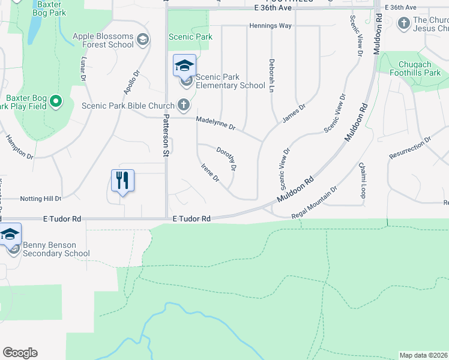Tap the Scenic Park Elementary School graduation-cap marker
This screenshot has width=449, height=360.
point(184,65)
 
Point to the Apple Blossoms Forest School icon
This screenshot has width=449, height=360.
point(142,40)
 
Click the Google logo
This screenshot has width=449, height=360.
point(20,353)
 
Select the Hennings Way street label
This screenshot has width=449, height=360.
point(271,26)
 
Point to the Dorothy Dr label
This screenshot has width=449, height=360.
point(226,158)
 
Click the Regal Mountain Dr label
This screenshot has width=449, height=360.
point(315,203)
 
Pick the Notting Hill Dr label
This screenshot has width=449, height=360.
point(41,199)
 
